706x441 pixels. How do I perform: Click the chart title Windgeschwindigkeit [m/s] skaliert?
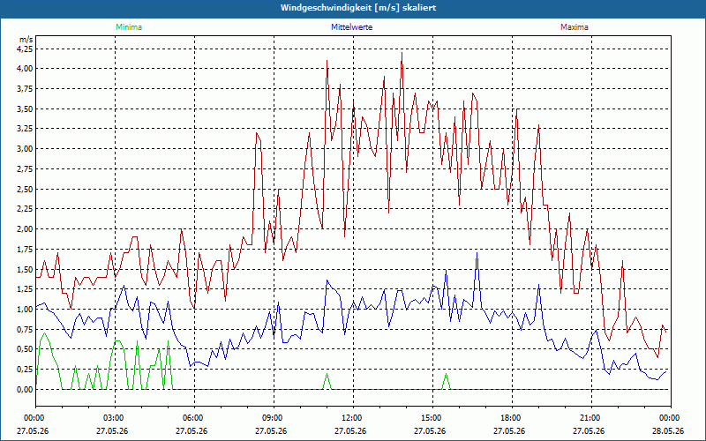(x=358, y=8)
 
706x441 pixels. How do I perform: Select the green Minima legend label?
(x=129, y=27)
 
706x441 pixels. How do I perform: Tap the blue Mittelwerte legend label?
(x=351, y=27)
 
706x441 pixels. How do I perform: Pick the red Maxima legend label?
(x=575, y=27)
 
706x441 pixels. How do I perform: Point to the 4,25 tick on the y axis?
(x=26, y=49)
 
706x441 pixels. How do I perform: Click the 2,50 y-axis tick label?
(x=26, y=189)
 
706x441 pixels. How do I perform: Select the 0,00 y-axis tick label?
(x=26, y=390)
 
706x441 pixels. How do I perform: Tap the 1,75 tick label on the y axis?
(x=26, y=250)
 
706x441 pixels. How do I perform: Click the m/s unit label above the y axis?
(x=26, y=40)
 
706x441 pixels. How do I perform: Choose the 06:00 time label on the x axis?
(x=194, y=418)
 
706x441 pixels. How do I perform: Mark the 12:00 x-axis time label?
(x=354, y=418)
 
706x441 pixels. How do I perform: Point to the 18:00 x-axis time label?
(x=513, y=418)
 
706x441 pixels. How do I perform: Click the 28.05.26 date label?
(x=670, y=430)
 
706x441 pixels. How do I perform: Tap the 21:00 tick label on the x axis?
(x=591, y=418)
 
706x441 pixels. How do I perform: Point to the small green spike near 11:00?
(x=327, y=381)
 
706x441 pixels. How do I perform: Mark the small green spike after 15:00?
(x=447, y=381)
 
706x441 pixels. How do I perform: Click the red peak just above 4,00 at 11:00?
(x=327, y=61)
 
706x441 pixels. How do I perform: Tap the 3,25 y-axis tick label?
(x=26, y=129)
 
